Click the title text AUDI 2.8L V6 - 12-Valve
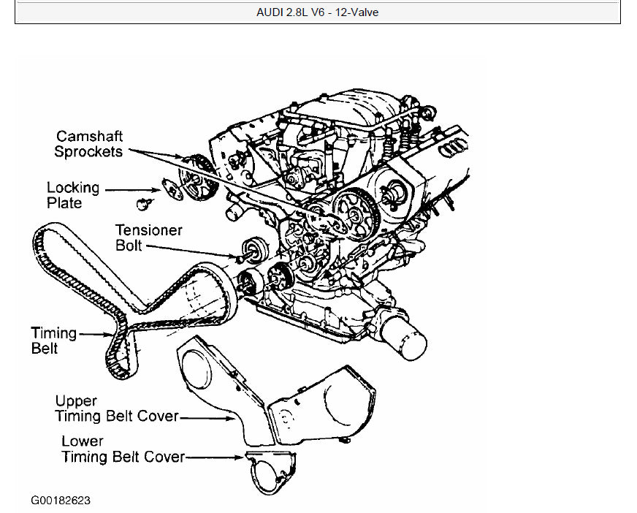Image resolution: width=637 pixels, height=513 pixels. (318, 12)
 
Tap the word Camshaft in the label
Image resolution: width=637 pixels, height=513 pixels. (90, 137)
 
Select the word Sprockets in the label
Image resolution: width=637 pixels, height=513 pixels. (88, 151)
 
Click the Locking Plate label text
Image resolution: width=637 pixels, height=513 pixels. (72, 195)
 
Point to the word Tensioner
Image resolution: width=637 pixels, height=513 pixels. (149, 230)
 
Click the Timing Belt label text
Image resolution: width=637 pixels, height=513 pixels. (53, 341)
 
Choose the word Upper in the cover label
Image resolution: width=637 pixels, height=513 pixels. (76, 401)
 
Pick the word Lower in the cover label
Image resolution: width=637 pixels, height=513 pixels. (83, 441)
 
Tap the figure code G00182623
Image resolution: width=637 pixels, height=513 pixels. (61, 501)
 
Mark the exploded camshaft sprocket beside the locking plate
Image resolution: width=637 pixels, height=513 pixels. (197, 178)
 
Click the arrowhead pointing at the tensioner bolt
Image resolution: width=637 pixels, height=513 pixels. (237, 256)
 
